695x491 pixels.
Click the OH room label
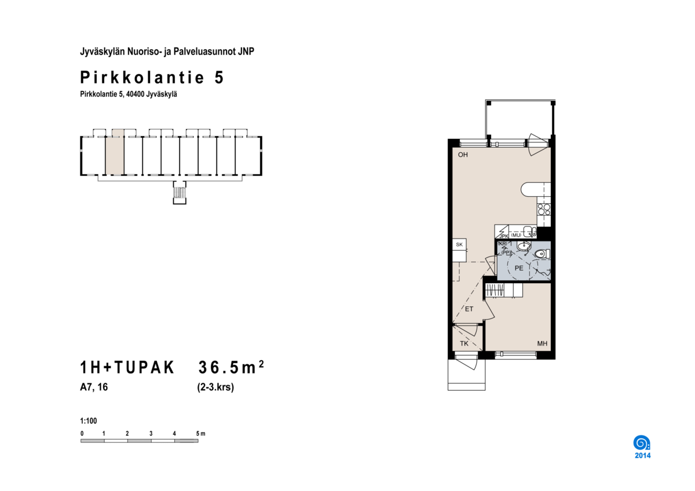click(463, 155)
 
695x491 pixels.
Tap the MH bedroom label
click(542, 343)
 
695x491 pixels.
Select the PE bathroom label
click(519, 268)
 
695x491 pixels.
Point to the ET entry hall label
click(469, 309)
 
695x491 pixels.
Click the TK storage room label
click(464, 343)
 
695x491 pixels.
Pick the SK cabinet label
click(459, 244)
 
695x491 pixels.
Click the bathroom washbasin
click(524, 247)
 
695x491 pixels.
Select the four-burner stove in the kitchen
click(544, 210)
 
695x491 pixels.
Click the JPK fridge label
click(504, 236)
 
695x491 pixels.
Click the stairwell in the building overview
click(180, 193)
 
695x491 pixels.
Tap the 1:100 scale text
click(89, 421)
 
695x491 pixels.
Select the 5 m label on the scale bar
click(200, 433)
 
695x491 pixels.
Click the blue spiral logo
click(642, 443)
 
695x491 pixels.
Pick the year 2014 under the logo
click(642, 456)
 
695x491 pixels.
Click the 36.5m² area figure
click(231, 367)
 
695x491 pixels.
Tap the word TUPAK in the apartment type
click(144, 367)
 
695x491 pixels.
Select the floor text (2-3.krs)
click(215, 387)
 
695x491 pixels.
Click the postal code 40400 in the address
click(136, 94)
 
